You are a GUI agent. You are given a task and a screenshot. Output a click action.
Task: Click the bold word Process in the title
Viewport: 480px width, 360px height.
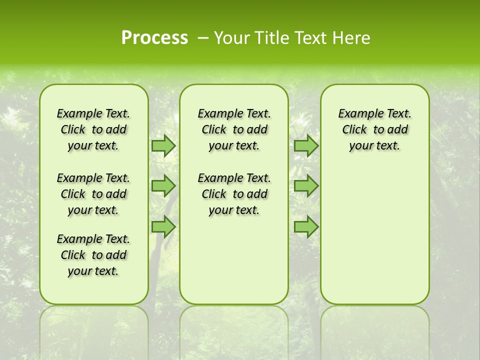pyautogui.click(x=154, y=37)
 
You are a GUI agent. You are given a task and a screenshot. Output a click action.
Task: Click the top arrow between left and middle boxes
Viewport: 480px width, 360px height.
pyautogui.click(x=163, y=145)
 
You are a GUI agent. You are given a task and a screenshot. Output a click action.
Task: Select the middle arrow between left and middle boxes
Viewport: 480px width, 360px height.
pyautogui.click(x=163, y=186)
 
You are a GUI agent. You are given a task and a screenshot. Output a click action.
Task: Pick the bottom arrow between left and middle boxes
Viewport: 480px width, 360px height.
pyautogui.click(x=163, y=226)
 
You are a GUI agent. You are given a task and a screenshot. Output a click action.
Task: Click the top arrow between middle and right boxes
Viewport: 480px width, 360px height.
pyautogui.click(x=306, y=145)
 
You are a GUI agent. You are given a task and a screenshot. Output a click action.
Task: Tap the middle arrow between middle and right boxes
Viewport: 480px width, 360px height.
pyautogui.click(x=306, y=186)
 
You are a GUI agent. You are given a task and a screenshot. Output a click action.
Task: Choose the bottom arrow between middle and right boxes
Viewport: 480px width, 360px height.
pyautogui.click(x=306, y=226)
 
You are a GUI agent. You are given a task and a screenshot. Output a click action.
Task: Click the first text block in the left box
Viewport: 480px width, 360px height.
pyautogui.click(x=93, y=129)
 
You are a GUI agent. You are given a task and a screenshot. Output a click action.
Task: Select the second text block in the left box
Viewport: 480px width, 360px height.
pyautogui.click(x=93, y=194)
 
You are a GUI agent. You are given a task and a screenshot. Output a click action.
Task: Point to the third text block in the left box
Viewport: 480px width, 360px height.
pyautogui.click(x=93, y=255)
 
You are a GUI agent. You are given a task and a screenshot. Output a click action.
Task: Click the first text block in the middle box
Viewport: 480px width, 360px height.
pyautogui.click(x=234, y=129)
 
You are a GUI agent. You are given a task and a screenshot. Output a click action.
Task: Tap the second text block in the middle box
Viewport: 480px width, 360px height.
pyautogui.click(x=234, y=194)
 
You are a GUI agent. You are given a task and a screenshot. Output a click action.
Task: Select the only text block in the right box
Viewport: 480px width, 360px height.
pyautogui.click(x=374, y=129)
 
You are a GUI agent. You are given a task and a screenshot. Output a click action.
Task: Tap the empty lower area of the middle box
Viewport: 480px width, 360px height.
pyautogui.click(x=234, y=260)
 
